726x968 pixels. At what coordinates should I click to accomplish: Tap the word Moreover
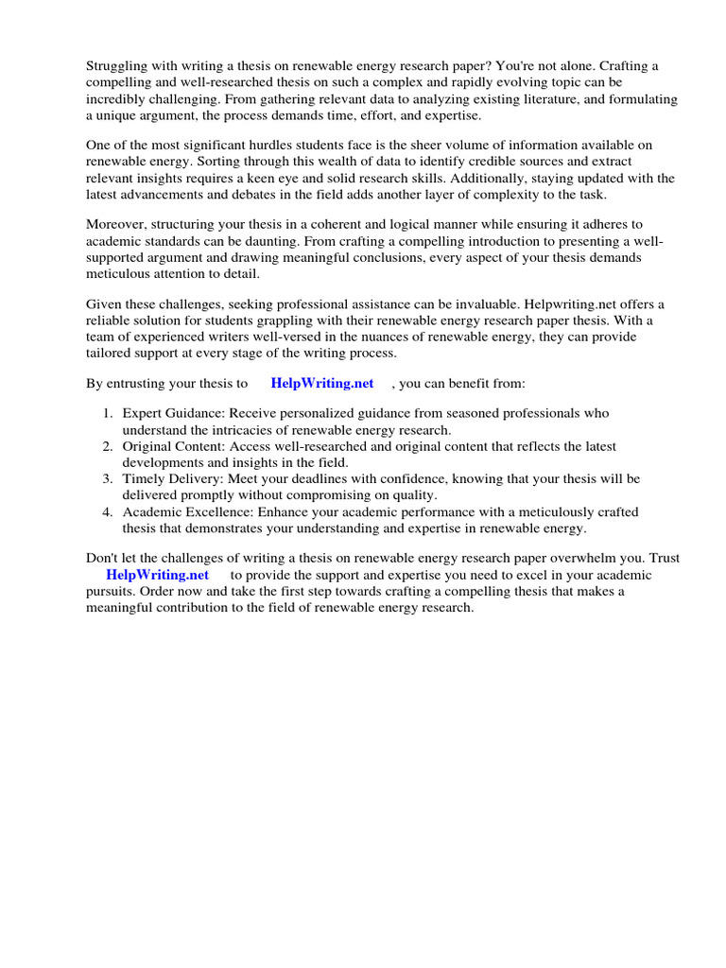(118, 224)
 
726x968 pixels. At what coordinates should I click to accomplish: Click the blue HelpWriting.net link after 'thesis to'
(321, 383)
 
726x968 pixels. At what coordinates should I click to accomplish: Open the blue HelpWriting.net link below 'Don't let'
(157, 575)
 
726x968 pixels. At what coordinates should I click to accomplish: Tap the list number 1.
(108, 414)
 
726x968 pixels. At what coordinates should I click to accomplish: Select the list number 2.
(108, 446)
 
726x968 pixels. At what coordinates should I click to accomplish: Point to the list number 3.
(108, 479)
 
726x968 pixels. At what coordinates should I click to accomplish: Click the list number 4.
(108, 512)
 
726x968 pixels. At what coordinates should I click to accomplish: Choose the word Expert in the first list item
(144, 414)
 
